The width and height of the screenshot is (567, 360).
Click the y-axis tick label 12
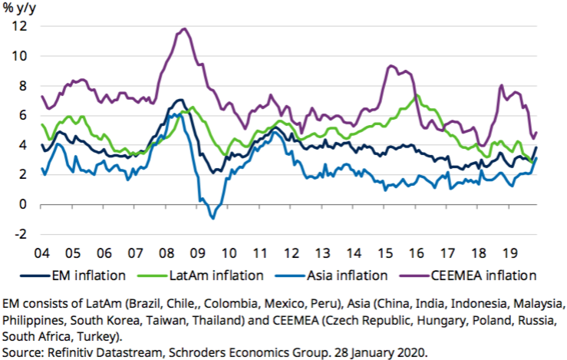click(19, 26)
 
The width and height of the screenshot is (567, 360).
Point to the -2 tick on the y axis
click(20, 234)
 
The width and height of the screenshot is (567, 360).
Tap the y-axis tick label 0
click(23, 204)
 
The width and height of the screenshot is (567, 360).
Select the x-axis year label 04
click(41, 253)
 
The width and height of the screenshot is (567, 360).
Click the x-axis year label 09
click(198, 253)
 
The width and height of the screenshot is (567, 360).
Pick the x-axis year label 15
click(385, 253)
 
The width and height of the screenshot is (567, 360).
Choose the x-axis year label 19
click(509, 253)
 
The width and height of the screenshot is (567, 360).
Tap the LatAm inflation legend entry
click(219, 273)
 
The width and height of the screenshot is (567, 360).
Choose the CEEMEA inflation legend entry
click(484, 273)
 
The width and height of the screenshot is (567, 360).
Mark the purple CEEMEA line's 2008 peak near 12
click(184, 29)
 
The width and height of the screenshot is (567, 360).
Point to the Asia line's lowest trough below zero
click(213, 218)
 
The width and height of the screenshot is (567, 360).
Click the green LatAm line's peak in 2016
click(416, 96)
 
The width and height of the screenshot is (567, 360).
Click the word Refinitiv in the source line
click(74, 352)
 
